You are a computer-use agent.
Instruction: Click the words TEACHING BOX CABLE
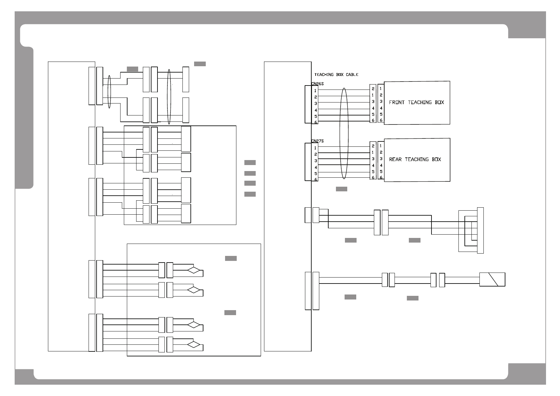coord(336,75)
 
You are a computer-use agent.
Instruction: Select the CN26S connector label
coord(317,84)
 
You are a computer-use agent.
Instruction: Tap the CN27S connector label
coord(317,141)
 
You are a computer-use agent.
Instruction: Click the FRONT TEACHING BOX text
coord(417,102)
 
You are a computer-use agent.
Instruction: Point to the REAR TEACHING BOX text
coord(415,159)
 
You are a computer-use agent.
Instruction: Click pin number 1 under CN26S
coord(315,91)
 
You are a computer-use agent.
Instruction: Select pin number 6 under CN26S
coord(316,122)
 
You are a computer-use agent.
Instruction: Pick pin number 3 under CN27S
coord(316,161)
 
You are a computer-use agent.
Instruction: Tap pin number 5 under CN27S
coord(316,174)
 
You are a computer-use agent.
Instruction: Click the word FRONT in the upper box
coord(397,102)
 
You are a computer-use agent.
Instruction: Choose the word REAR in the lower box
coord(395,159)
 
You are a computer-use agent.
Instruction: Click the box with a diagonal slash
coord(492,280)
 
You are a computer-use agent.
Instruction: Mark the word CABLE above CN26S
coord(352,75)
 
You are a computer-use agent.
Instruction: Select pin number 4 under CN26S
coord(316,110)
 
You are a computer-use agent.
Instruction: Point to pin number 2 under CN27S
coord(316,154)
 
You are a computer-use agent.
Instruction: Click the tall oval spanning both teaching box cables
coord(344,133)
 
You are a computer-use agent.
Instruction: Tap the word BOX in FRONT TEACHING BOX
coord(439,102)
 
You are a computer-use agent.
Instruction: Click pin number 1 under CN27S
coord(315,148)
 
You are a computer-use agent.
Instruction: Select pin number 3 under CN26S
coord(316,103)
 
